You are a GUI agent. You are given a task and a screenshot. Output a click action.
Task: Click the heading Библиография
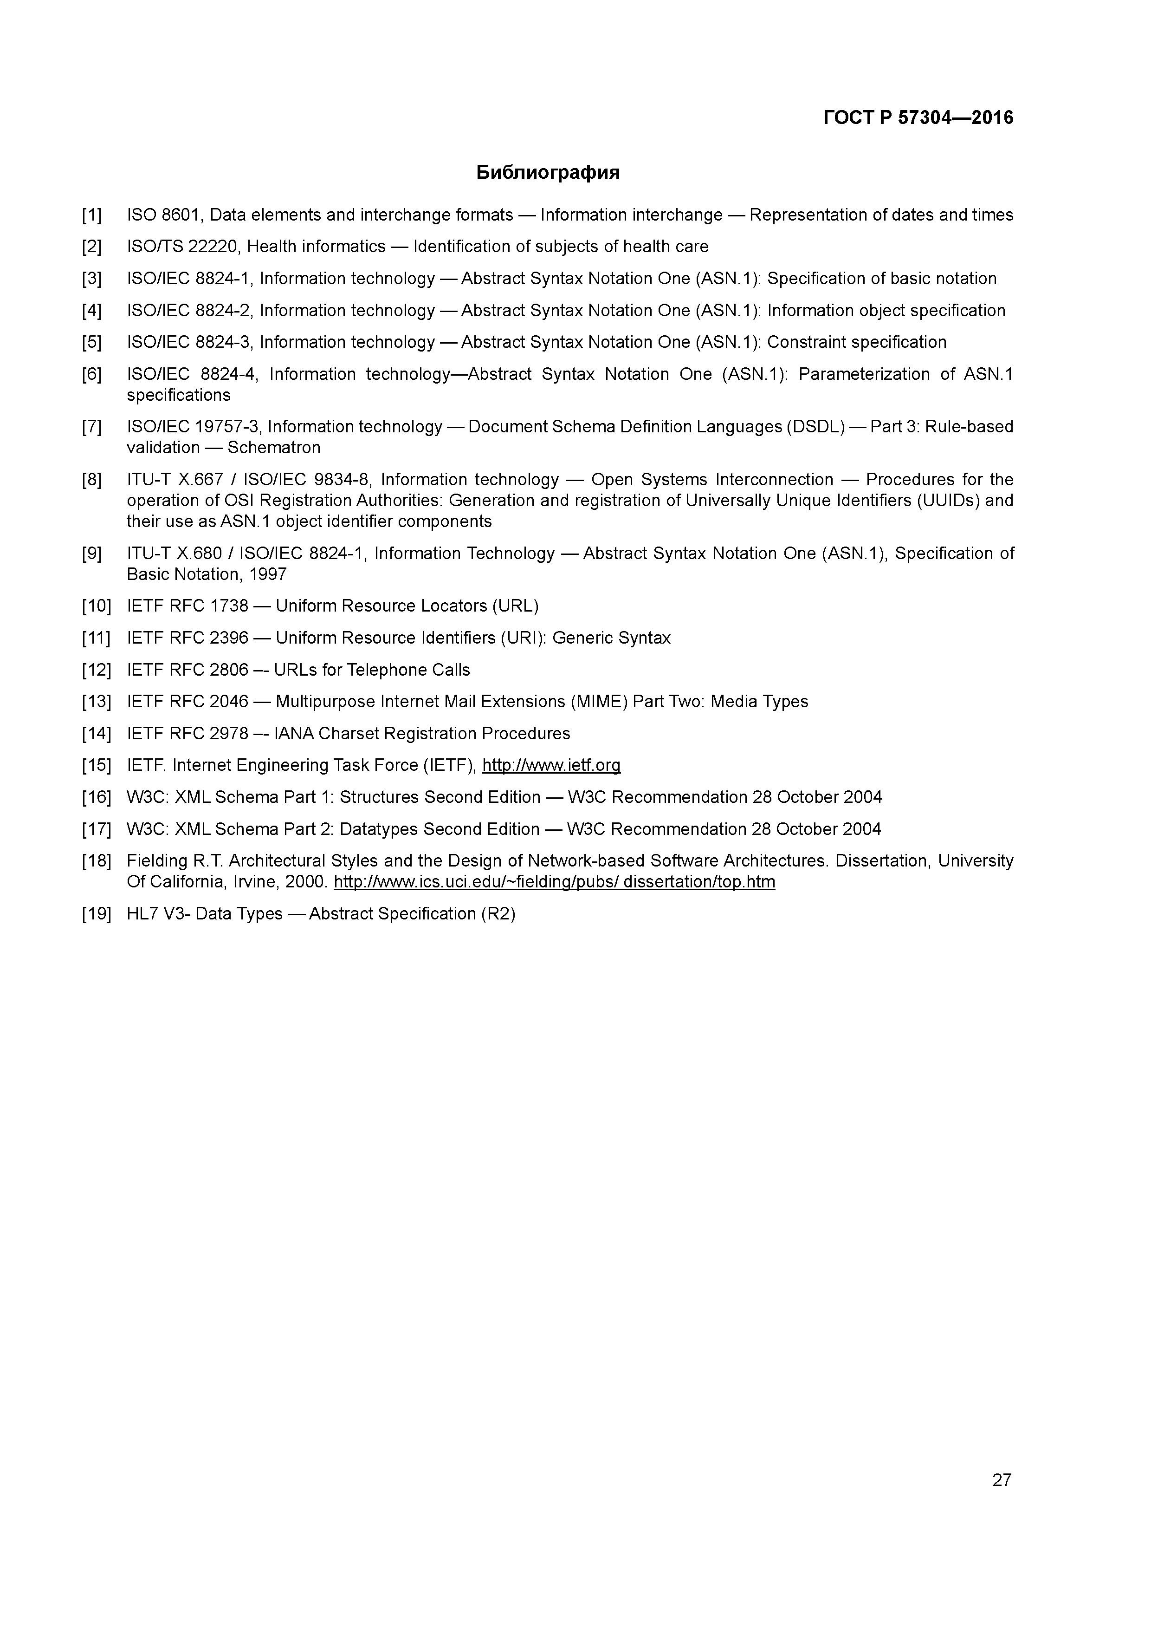coord(548,172)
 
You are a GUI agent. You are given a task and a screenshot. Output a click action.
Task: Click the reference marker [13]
coord(97,702)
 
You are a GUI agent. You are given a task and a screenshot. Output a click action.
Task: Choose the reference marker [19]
coord(97,914)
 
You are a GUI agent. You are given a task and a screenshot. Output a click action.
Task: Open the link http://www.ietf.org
coord(551,766)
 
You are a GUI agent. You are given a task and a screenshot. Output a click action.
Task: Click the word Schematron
coord(274,448)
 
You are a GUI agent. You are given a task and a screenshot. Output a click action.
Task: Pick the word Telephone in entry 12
coord(387,670)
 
